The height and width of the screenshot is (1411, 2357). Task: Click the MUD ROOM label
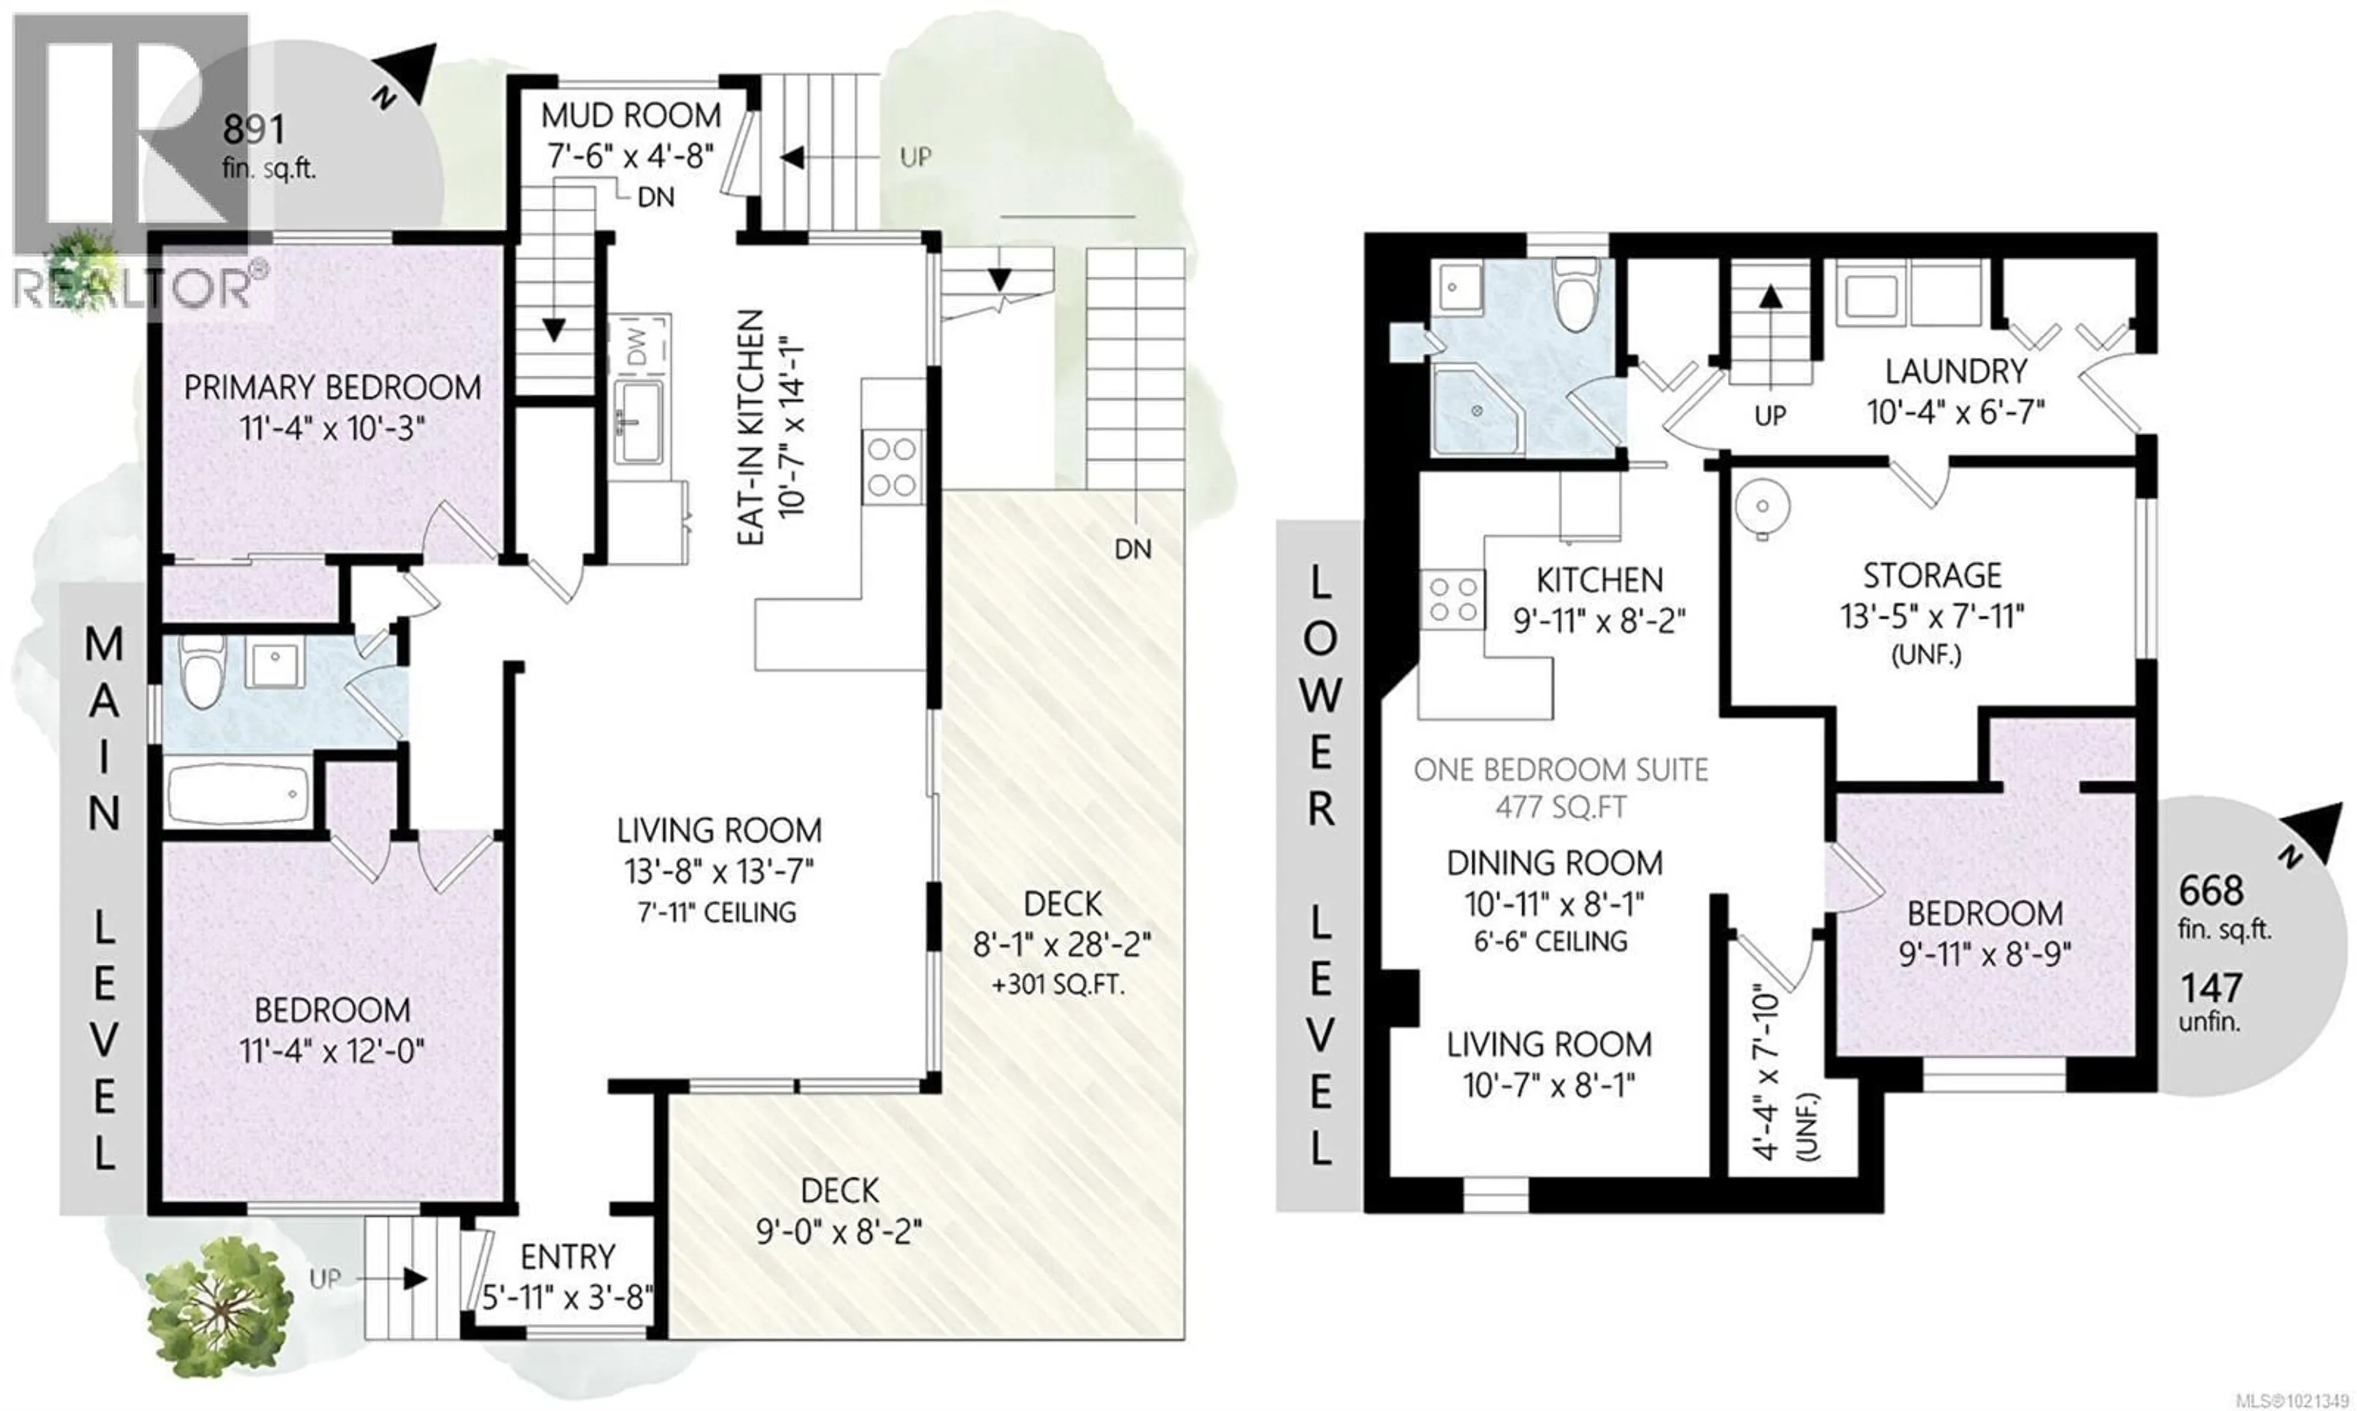[x=630, y=116]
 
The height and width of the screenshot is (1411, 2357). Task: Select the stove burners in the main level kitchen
[x=892, y=466]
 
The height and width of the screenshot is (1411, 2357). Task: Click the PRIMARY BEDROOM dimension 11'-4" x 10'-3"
[x=332, y=428]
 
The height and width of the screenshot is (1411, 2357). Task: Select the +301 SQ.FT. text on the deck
[x=1058, y=985]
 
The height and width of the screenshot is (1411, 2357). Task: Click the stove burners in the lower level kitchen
[x=1452, y=599]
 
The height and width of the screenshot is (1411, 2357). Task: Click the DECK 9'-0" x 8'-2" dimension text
[x=838, y=1232]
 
